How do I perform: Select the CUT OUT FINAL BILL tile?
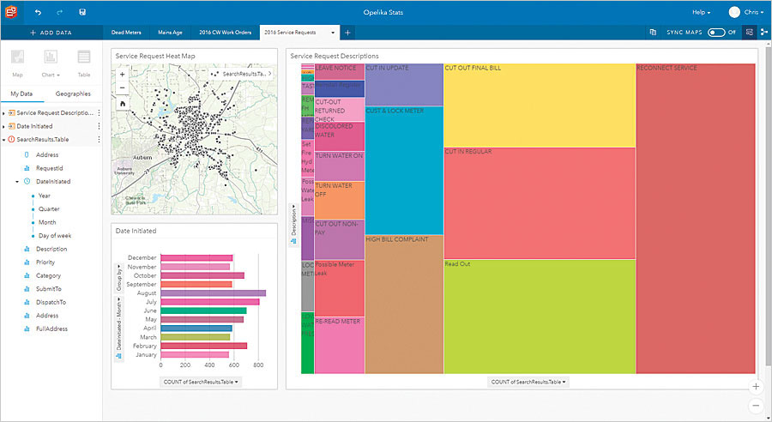click(539, 104)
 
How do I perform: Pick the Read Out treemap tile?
click(539, 316)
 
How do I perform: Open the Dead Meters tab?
click(128, 33)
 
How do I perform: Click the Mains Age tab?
click(170, 33)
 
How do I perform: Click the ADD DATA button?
click(51, 33)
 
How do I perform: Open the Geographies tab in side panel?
click(74, 93)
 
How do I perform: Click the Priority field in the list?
click(45, 262)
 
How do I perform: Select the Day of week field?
click(55, 235)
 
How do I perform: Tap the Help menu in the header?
click(701, 12)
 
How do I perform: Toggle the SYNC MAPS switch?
click(716, 33)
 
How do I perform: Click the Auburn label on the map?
click(143, 158)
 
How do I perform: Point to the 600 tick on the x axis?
click(232, 365)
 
